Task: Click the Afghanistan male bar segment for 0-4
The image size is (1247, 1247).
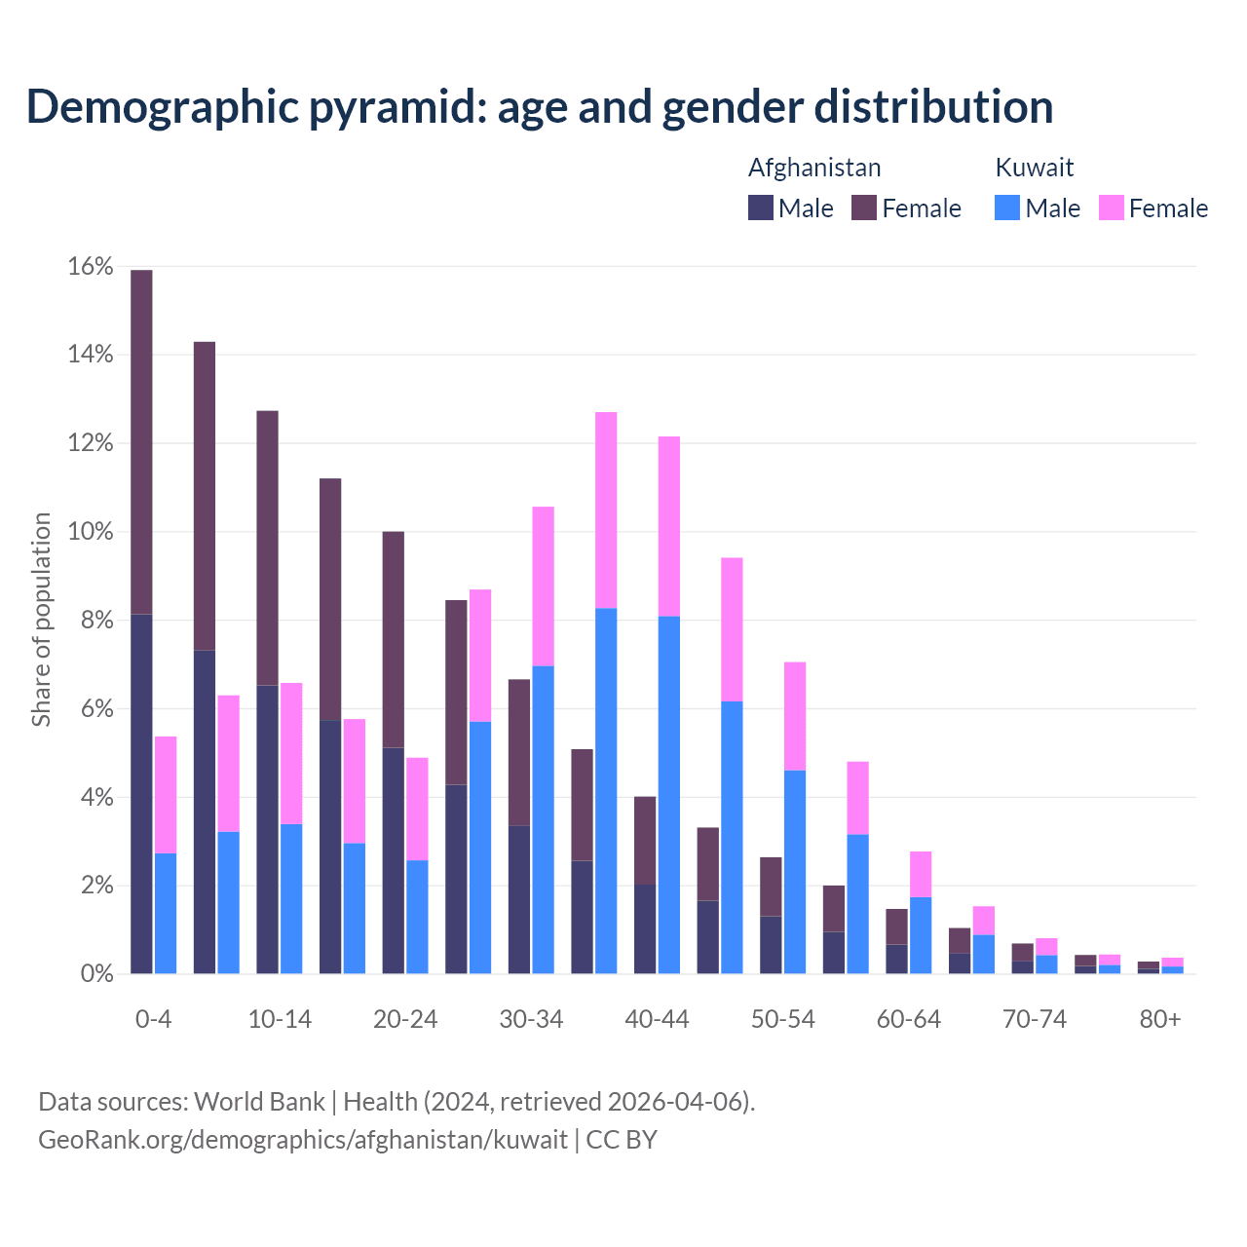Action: (141, 794)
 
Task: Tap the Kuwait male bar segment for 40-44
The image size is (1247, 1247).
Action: (669, 795)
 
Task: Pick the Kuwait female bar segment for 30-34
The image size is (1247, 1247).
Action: (544, 586)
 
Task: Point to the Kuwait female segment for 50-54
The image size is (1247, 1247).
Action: (795, 716)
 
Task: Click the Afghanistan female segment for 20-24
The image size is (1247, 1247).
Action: (394, 639)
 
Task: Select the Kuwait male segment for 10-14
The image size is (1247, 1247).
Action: (291, 898)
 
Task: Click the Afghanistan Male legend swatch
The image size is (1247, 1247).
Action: (761, 208)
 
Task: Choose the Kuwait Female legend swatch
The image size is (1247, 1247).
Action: (1112, 208)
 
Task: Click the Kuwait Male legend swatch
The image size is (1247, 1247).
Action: (1007, 208)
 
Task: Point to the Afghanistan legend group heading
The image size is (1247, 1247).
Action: (814, 168)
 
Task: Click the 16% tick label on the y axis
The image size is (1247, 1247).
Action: (91, 266)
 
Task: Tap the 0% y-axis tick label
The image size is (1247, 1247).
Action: (97, 974)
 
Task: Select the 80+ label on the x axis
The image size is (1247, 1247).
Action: (1160, 1019)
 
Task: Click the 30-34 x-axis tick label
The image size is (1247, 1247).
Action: (531, 1019)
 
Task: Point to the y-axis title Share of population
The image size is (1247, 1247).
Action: (41, 620)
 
